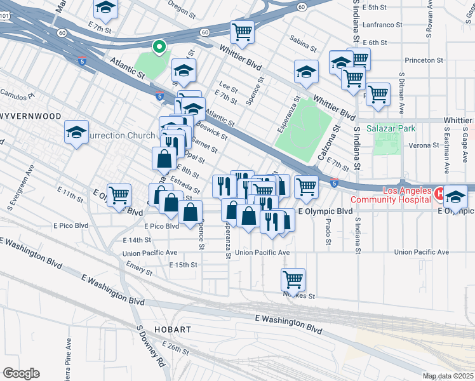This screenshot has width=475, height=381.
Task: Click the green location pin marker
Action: pyautogui.click(x=158, y=46)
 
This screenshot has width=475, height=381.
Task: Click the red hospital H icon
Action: pyautogui.click(x=439, y=190)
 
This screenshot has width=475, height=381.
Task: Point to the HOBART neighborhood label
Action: pyautogui.click(x=172, y=330)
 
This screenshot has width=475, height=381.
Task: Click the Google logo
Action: pyautogui.click(x=21, y=373)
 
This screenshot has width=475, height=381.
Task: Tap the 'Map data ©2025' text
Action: pyautogui.click(x=447, y=376)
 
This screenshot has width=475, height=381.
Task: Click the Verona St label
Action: pyautogui.click(x=425, y=145)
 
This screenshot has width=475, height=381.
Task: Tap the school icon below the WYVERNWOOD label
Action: pyautogui.click(x=77, y=133)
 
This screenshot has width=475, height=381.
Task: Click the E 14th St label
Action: pyautogui.click(x=138, y=240)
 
